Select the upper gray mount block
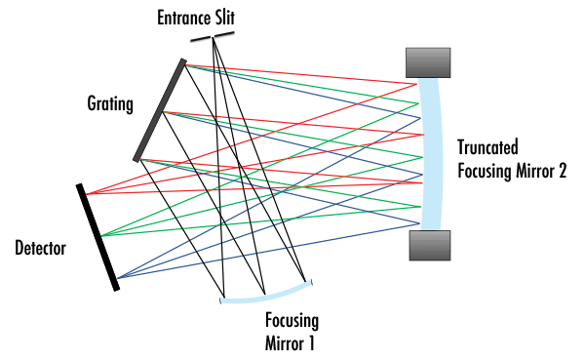[428, 61]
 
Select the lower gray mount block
[428, 246]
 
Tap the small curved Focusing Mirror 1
[266, 296]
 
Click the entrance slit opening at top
[214, 37]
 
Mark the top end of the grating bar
[183, 60]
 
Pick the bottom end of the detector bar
[117, 289]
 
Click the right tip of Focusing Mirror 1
[311, 283]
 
